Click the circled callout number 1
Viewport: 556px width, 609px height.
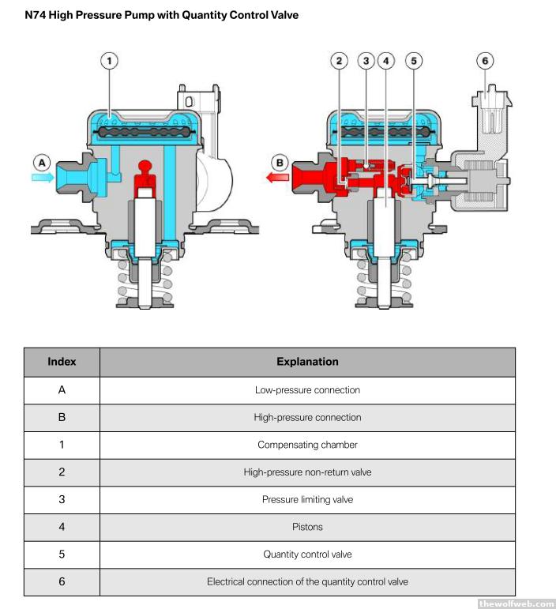coord(109,60)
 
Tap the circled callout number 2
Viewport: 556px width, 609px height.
coord(340,60)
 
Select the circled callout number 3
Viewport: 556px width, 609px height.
coord(365,60)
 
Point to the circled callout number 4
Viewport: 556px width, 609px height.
coord(385,60)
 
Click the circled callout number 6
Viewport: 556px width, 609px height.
coord(486,60)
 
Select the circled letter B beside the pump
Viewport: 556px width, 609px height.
coord(277,164)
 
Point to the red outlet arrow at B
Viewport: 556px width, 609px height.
coord(277,179)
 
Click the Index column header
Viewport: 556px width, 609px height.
coord(62,362)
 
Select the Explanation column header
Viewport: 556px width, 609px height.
coord(307,362)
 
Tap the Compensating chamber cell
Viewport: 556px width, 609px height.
coord(307,445)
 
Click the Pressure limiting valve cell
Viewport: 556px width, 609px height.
coord(307,499)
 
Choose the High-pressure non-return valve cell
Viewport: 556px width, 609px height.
coord(307,472)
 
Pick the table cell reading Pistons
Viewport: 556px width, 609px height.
coord(307,527)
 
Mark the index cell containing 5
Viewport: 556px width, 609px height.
coord(62,554)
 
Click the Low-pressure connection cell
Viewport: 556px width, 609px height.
coord(307,390)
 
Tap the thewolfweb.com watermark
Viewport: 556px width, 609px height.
coord(517,603)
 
